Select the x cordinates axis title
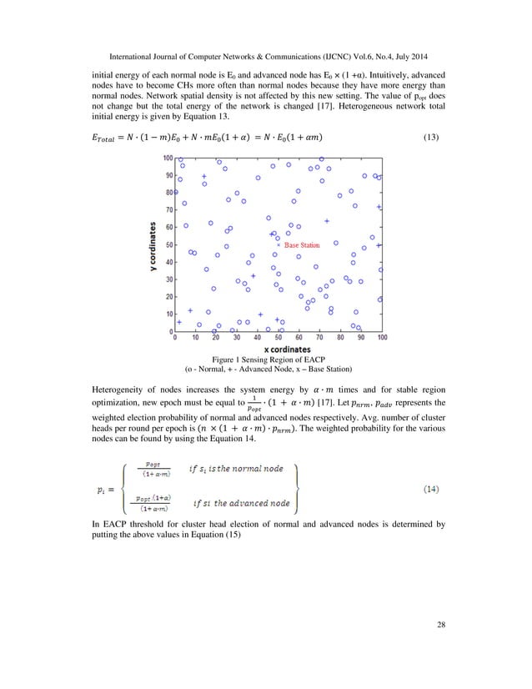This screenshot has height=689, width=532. [278, 349]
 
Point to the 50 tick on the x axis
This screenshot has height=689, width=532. [279, 338]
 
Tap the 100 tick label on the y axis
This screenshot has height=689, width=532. [168, 158]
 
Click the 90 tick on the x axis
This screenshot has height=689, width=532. [361, 338]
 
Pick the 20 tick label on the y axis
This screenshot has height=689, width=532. [169, 297]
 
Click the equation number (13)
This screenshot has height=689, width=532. [433, 137]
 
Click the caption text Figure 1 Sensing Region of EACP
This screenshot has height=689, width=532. [267, 359]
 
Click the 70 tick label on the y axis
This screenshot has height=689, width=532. [169, 210]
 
